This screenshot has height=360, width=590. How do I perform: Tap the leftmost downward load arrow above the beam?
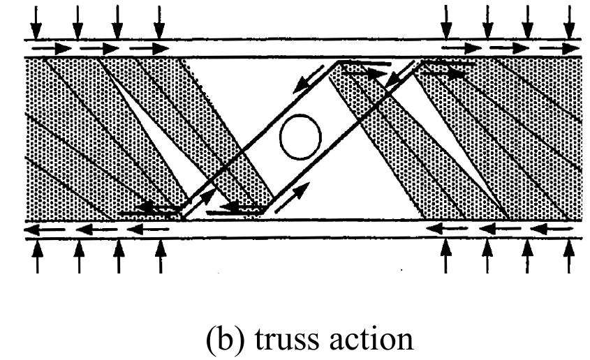click(36, 22)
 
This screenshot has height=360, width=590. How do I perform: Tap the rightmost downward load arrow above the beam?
click(571, 22)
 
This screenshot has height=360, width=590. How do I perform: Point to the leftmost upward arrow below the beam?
click(36, 256)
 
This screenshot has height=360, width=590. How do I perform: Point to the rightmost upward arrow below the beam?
click(571, 256)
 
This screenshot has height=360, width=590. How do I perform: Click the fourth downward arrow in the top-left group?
click(160, 22)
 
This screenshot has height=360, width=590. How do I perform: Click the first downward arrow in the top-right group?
click(447, 22)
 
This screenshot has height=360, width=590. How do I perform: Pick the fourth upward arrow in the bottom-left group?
click(161, 256)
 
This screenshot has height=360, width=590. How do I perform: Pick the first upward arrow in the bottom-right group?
click(447, 256)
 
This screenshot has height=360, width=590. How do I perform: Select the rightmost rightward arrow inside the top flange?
click(562, 49)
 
